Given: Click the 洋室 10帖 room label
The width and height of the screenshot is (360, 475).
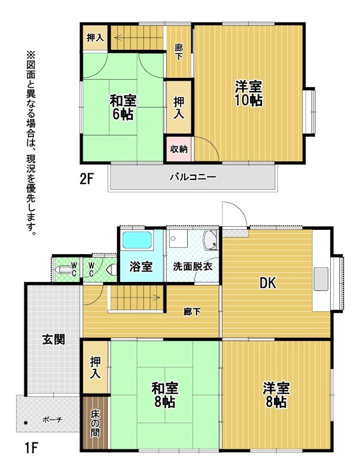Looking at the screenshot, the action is point(249,93).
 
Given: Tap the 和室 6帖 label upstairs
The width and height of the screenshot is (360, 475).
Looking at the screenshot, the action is point(123,107).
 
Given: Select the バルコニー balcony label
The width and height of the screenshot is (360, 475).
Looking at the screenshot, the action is point(192,176).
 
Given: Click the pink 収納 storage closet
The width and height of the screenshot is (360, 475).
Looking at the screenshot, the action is point(178,149).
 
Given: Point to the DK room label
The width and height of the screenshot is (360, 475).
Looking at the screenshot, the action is point(268,283).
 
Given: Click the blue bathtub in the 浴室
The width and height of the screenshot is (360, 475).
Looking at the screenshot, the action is point(137,240).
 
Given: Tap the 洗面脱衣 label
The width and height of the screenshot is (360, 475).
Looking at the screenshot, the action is point(192,267).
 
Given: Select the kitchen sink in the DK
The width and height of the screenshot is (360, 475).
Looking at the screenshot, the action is point(321,278).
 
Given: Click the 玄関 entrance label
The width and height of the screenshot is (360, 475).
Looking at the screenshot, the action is point(53,340).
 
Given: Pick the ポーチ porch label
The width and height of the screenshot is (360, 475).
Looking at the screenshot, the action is point(52,420).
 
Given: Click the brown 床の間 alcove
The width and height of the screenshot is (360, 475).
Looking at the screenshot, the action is point(96,423).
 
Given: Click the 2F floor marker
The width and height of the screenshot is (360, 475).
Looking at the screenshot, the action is point(86,179).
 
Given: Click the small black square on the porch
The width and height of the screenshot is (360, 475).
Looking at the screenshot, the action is point(26,423).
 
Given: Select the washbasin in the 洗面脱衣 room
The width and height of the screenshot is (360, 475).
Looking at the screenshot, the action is point(211,240).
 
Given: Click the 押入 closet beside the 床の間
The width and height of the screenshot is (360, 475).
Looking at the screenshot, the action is point(96,367).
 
